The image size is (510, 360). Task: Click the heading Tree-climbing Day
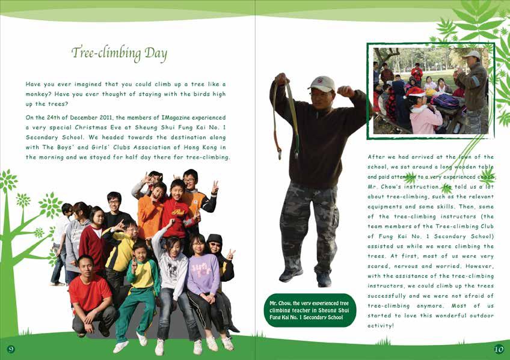[119, 53]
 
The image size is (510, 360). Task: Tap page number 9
[11, 349]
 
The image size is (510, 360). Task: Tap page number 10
[499, 349]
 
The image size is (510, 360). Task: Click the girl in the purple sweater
[203, 276]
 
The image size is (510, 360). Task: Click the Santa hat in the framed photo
[415, 91]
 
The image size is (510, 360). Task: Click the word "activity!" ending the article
[381, 325]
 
